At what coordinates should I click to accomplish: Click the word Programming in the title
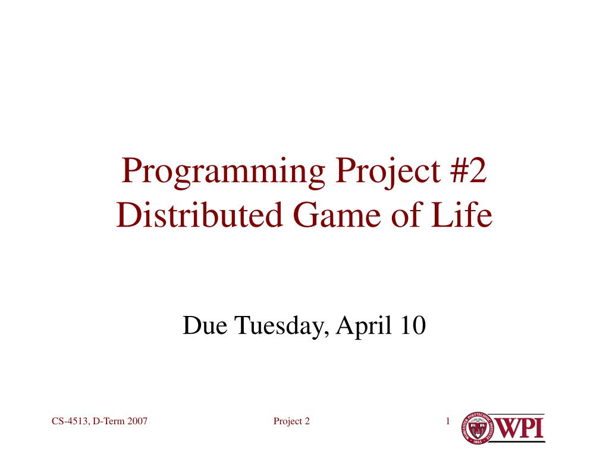224,173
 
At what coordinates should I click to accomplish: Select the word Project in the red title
388,173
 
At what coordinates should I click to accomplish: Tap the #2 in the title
469,170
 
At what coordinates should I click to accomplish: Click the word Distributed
199,215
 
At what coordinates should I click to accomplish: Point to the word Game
337,215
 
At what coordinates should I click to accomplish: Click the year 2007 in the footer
137,421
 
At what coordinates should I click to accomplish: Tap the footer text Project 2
291,421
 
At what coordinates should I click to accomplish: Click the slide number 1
448,421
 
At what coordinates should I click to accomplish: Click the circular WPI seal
477,428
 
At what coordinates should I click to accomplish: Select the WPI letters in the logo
518,428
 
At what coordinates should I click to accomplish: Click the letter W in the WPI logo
506,428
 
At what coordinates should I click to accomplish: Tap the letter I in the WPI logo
539,428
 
